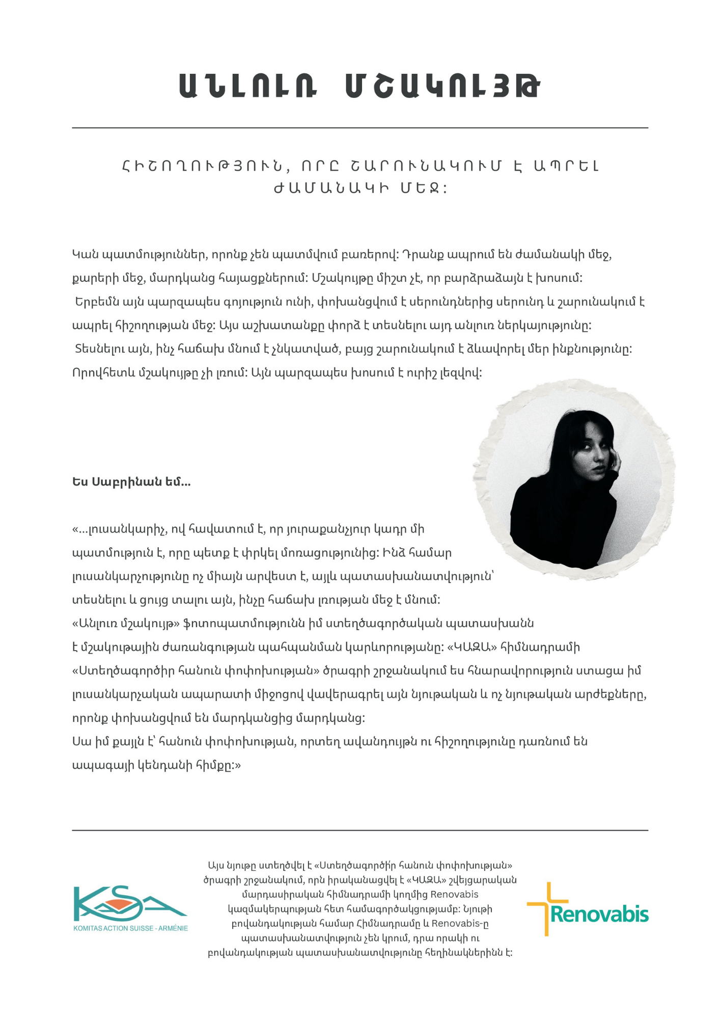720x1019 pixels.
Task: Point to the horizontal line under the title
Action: coord(359,128)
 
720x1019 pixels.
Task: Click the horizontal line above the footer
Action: coord(359,830)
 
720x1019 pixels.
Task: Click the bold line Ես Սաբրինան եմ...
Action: coord(131,482)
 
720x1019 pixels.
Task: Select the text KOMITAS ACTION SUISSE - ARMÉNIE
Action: coord(131,928)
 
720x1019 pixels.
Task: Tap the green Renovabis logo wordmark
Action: coord(599,915)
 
